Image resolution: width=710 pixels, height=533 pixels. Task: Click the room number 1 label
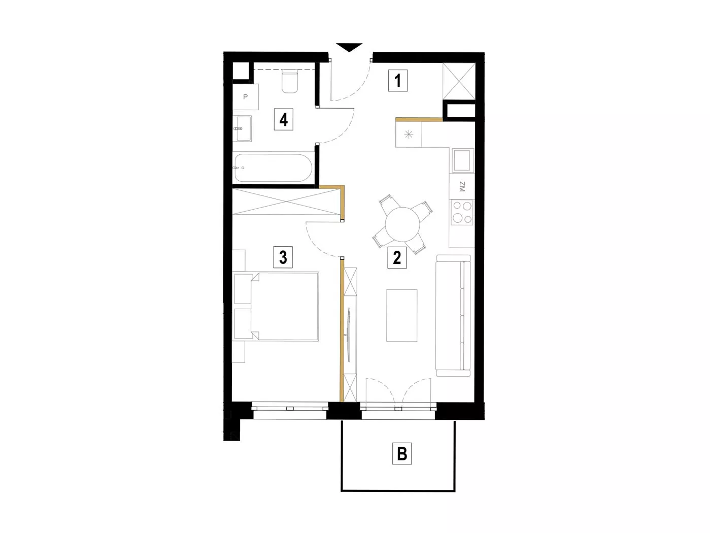tap(397, 80)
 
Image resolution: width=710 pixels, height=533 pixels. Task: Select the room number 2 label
tap(397, 257)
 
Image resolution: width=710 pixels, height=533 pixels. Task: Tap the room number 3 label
tap(283, 257)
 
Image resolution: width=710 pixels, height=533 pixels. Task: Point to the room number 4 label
tap(283, 119)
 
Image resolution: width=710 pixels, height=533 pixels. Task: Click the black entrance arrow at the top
tap(349, 47)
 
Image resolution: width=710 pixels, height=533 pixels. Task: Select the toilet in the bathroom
tap(289, 82)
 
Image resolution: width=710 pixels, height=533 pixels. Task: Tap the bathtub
tap(274, 168)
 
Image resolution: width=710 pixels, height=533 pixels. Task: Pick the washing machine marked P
tap(246, 97)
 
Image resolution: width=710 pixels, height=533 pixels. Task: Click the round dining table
tap(402, 224)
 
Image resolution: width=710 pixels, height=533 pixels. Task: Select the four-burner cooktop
tap(462, 212)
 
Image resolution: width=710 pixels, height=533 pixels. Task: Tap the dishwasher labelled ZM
tap(462, 187)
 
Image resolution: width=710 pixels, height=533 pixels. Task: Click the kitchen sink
tap(463, 160)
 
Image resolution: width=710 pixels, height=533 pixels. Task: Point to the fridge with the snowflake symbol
tap(409, 134)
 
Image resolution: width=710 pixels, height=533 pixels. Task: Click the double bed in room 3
tap(285, 306)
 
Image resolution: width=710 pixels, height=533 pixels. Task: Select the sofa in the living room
tap(453, 315)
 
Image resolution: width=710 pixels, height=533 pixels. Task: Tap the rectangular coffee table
tap(402, 315)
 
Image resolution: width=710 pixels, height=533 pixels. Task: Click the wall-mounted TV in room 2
tap(349, 335)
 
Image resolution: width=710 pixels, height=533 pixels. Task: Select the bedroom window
tap(290, 411)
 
